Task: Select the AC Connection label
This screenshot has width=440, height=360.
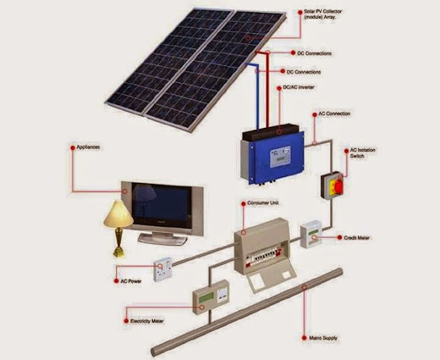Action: click(335, 113)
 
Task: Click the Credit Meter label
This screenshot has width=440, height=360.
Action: click(356, 238)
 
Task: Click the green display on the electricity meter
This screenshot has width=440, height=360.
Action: click(206, 296)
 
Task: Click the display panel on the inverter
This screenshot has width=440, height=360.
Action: click(280, 158)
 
